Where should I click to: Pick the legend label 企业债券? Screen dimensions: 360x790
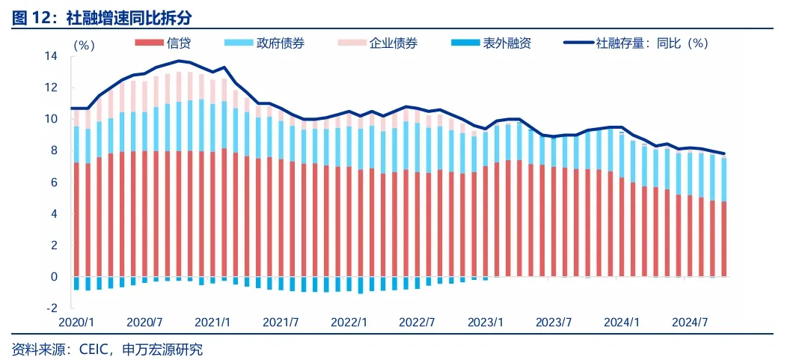(x=393, y=43)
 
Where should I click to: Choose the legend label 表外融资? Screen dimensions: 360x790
(x=506, y=43)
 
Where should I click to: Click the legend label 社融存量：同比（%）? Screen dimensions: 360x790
(x=652, y=43)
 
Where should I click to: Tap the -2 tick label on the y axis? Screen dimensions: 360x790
(x=51, y=308)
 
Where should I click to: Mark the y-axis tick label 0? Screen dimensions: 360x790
(x=55, y=276)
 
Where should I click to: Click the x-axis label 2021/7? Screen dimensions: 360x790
(x=282, y=323)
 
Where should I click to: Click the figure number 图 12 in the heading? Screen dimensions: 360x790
(x=29, y=14)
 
